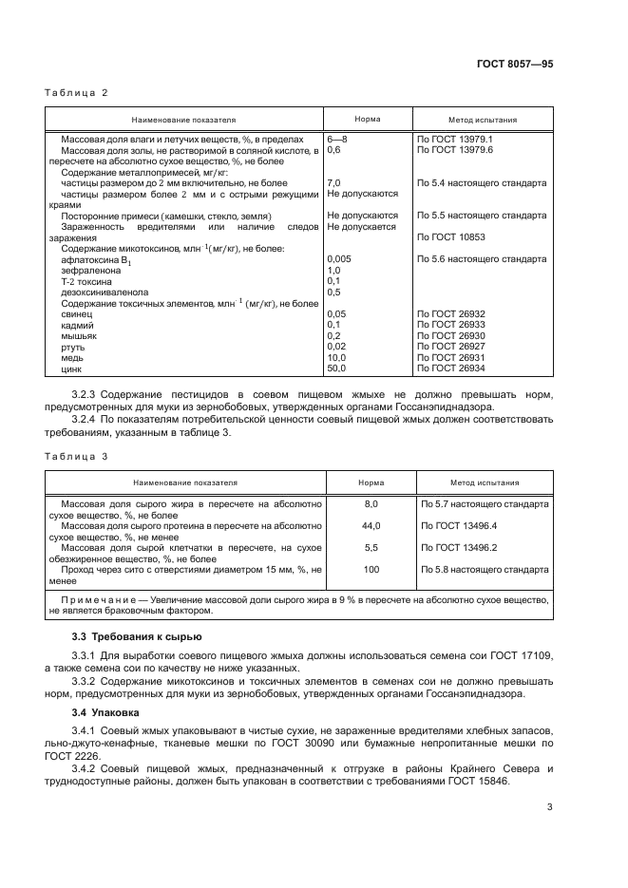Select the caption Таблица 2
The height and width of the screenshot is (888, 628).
click(x=78, y=92)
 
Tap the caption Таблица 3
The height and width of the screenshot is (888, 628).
click(x=78, y=456)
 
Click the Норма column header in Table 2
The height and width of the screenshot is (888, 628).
click(x=368, y=121)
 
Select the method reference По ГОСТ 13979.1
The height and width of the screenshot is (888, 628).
click(x=455, y=140)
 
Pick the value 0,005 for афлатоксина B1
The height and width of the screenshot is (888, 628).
click(x=340, y=258)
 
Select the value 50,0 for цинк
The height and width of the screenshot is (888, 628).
click(x=337, y=368)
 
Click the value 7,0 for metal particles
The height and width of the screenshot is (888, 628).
click(x=333, y=182)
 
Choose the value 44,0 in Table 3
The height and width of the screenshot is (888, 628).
click(x=371, y=525)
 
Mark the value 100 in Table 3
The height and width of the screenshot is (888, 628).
click(x=371, y=569)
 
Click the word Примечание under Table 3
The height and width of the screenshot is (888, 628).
click(x=94, y=602)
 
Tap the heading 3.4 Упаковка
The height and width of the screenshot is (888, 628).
click(x=105, y=710)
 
